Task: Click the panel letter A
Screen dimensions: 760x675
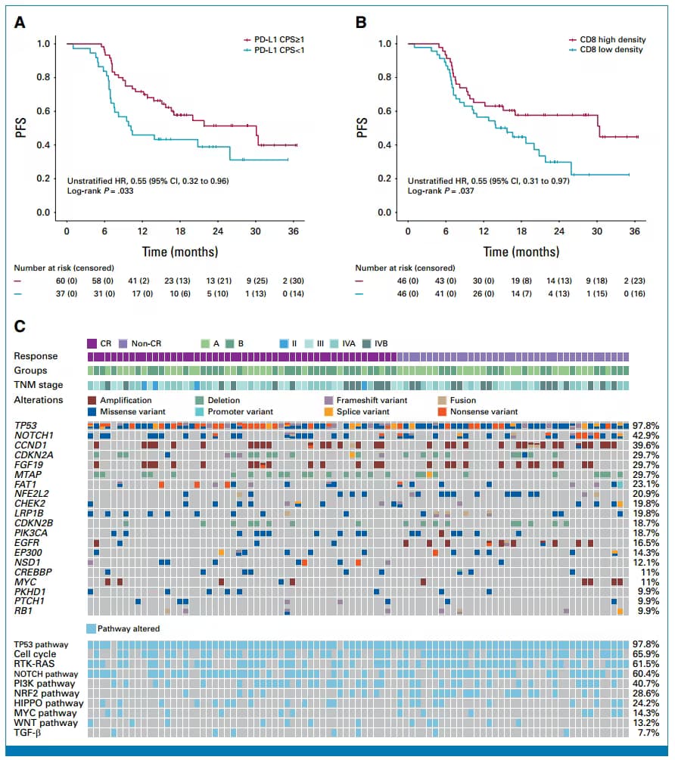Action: click(x=21, y=22)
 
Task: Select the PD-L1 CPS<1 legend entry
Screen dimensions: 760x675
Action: click(x=282, y=50)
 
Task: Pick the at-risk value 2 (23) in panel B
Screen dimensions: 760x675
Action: click(x=634, y=281)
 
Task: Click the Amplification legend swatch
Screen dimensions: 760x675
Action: click(x=92, y=400)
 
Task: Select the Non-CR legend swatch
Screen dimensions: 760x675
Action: click(x=123, y=343)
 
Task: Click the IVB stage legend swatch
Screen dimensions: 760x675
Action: click(x=368, y=343)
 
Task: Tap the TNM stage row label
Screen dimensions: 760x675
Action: click(x=36, y=385)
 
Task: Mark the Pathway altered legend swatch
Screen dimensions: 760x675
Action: click(x=92, y=628)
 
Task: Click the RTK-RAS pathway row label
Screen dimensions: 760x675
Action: click(x=33, y=663)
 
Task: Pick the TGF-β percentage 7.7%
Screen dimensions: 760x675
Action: click(x=648, y=733)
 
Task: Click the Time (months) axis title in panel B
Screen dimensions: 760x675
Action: click(x=521, y=251)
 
